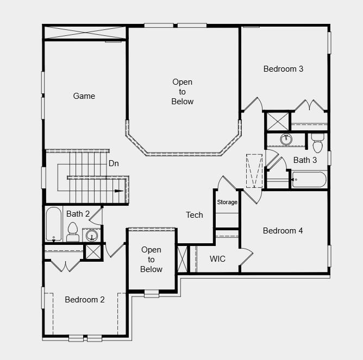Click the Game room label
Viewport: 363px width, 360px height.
click(x=84, y=96)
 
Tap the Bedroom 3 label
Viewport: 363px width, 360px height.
click(x=283, y=69)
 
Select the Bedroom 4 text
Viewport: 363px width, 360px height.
click(x=283, y=231)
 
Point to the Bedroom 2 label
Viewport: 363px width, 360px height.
click(x=85, y=299)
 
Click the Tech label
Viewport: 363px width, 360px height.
click(x=195, y=215)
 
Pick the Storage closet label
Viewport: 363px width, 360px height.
click(x=227, y=202)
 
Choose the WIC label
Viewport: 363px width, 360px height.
click(x=217, y=258)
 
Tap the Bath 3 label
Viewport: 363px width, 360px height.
click(x=305, y=160)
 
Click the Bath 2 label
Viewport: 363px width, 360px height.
click(x=78, y=214)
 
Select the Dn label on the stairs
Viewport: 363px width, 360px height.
click(x=114, y=163)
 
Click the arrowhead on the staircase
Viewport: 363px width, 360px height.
click(x=119, y=191)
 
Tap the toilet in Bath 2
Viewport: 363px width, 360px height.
click(x=73, y=232)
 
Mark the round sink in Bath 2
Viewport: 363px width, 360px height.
click(x=92, y=236)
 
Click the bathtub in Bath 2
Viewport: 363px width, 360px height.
click(x=53, y=224)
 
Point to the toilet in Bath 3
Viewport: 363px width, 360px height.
click(x=318, y=144)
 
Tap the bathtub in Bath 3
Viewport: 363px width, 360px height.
click(x=308, y=179)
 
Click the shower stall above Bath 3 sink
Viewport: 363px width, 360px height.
click(x=277, y=121)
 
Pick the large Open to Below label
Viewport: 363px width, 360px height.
click(x=183, y=92)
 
